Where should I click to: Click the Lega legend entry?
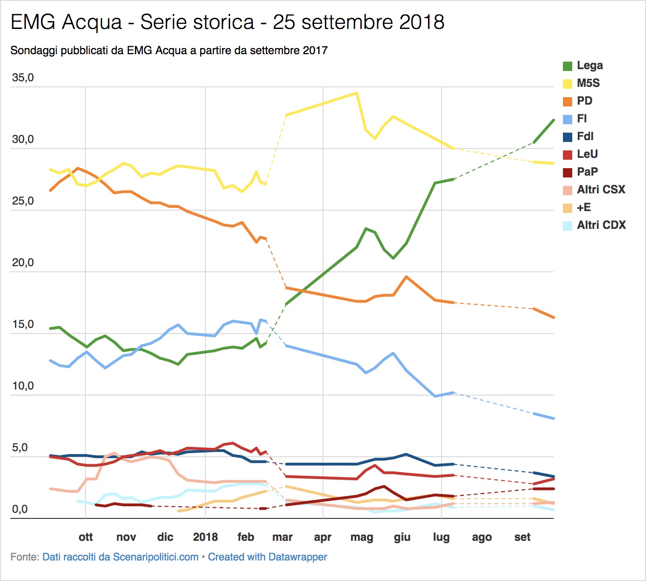click(x=590, y=65)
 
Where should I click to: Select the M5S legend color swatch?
click(x=568, y=84)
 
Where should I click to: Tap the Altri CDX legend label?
click(x=601, y=225)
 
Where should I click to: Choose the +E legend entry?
click(x=583, y=207)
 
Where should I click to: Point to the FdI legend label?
click(x=585, y=136)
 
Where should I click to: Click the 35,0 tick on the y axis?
click(x=23, y=78)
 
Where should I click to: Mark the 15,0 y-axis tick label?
click(x=23, y=324)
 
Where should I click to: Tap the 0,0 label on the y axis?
click(x=20, y=509)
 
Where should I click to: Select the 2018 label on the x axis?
click(x=205, y=537)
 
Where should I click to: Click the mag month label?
click(x=362, y=537)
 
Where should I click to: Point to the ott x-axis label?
click(x=86, y=537)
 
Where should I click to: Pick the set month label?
click(x=522, y=537)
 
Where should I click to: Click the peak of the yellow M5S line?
click(x=357, y=93)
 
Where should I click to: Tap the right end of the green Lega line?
click(x=554, y=120)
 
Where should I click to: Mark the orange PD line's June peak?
click(x=406, y=277)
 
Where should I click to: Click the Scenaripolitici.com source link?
click(x=120, y=557)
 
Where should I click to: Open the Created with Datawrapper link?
click(x=267, y=557)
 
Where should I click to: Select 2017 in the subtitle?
click(x=315, y=50)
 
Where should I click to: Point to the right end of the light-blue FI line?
click(x=554, y=418)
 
